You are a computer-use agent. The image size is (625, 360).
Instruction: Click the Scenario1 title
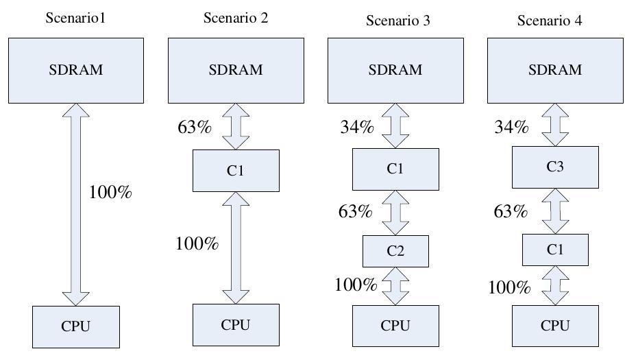pos(75,17)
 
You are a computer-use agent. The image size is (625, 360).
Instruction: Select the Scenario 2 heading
pos(236,18)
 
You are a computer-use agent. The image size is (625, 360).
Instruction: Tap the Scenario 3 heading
pos(397,21)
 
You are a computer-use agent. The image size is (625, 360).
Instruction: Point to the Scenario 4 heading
pos(549,21)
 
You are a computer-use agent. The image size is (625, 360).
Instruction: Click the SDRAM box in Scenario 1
pos(75,70)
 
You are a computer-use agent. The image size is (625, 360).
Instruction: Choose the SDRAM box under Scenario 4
pos(555,70)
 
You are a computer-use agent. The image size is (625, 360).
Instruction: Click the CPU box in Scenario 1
pos(75,326)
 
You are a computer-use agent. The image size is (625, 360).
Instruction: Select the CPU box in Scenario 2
pos(236,325)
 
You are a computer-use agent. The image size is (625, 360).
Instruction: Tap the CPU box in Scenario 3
pos(395,326)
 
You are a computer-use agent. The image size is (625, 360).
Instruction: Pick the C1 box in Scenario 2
pos(236,171)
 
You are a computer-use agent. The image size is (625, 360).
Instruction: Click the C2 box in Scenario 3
pos(395,251)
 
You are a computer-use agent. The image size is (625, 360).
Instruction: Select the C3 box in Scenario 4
pos(555,167)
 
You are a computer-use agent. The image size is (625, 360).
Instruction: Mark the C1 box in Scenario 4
pos(555,250)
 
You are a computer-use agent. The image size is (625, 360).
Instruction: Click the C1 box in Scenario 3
pos(395,169)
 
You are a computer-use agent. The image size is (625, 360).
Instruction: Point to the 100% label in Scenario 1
pos(110,193)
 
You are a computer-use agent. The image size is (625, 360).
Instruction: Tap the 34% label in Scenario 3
pos(356,128)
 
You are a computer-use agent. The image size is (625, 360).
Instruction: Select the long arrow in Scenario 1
pos(75,204)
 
